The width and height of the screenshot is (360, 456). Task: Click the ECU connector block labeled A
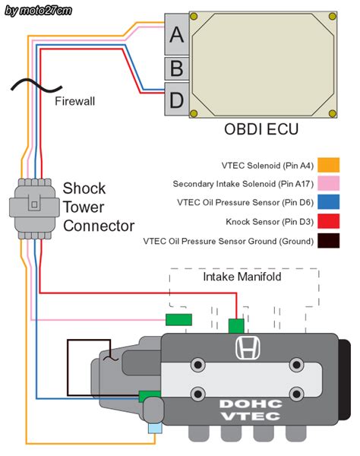pyautogui.click(x=176, y=34)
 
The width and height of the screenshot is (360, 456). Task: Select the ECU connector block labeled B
pyautogui.click(x=176, y=68)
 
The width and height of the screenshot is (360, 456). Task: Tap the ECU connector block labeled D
pyautogui.click(x=176, y=99)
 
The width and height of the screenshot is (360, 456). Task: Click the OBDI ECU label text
pyautogui.click(x=261, y=130)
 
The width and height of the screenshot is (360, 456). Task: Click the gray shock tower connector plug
pyautogui.click(x=33, y=203)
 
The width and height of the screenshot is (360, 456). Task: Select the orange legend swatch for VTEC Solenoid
pyautogui.click(x=328, y=165)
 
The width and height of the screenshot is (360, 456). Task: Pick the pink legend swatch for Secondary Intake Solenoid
pyautogui.click(x=328, y=184)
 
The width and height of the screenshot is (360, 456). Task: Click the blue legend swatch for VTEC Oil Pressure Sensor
pyautogui.click(x=328, y=203)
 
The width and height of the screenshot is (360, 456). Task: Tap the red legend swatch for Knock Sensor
pyautogui.click(x=328, y=222)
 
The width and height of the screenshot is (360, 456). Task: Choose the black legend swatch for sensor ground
pyautogui.click(x=328, y=242)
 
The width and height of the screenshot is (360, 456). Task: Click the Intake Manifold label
pyautogui.click(x=242, y=277)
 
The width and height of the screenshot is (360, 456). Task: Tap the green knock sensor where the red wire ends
pyautogui.click(x=236, y=326)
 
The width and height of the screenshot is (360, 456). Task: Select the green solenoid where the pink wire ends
pyautogui.click(x=179, y=319)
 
